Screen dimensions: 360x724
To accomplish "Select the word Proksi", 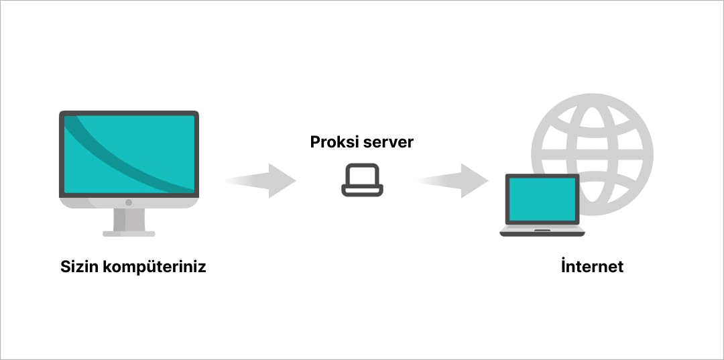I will pos(333,142).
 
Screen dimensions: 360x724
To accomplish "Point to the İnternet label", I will pos(592,267).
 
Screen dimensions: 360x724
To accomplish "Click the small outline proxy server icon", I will pos(362,179).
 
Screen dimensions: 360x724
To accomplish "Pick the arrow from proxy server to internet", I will pos(456,180).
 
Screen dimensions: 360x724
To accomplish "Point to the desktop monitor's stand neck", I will pos(129,220).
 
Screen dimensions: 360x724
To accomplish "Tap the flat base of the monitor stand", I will pos(129,234).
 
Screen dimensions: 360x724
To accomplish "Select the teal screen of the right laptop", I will pos(542,198).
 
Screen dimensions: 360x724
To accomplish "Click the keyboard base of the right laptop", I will pos(542,232).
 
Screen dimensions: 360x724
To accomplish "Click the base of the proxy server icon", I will pos(362,191).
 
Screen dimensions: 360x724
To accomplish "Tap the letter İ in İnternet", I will pos(564,267).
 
